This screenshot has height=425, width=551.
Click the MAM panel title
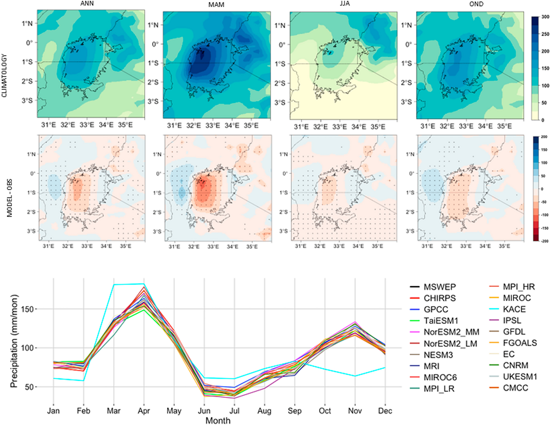point(216,5)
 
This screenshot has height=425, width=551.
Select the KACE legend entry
point(514,309)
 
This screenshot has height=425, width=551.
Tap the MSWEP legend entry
point(439,287)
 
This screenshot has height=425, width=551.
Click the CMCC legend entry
point(515,388)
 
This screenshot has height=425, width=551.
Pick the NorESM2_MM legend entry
point(451,332)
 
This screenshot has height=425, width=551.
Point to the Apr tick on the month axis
point(144,411)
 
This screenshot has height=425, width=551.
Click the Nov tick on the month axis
point(355,411)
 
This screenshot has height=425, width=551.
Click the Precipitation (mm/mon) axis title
point(14,341)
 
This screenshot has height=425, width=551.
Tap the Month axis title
point(218,421)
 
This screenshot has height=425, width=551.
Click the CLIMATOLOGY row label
point(4,76)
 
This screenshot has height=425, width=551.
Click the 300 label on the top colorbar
point(545,17)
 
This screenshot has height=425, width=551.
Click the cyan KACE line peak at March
point(114,285)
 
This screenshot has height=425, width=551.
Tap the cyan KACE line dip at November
point(355,376)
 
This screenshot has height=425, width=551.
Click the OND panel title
point(476,4)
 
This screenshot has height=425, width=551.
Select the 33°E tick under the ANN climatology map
point(87,125)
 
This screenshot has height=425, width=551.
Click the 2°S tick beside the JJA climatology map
point(280,83)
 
